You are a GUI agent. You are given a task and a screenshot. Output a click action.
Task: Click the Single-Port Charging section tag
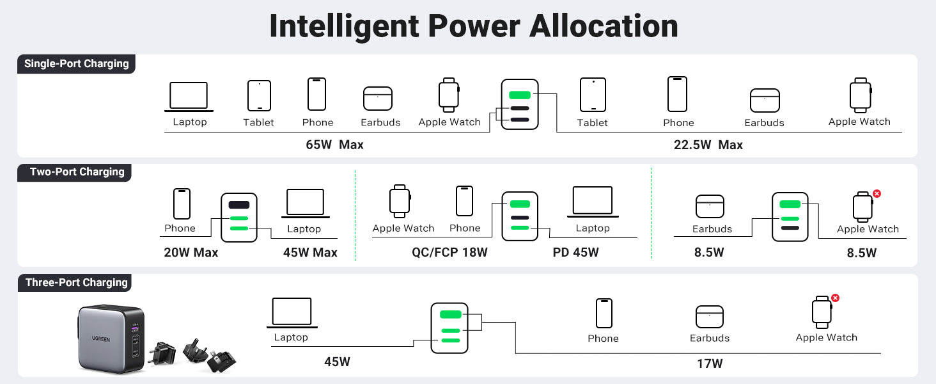76,64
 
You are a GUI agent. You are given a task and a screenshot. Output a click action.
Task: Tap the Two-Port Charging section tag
77,172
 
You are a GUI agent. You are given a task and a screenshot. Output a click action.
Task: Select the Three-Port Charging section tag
76,283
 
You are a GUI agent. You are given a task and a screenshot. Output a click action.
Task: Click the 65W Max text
334,145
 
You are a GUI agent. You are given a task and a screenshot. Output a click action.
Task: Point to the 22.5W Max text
708,145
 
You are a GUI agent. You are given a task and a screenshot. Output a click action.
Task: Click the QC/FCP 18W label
449,253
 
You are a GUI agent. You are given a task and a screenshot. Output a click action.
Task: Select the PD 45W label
575,253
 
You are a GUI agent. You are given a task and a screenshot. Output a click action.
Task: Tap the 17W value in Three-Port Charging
710,364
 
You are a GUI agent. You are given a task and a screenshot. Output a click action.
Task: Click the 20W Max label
191,253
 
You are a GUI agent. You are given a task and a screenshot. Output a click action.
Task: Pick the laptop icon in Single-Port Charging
189,97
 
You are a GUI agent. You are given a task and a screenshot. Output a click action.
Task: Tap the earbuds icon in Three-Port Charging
709,317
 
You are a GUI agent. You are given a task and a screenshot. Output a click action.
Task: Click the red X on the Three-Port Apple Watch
835,298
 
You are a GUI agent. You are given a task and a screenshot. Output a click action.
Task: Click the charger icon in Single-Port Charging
519,104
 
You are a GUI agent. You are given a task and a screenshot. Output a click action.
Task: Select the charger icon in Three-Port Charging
449,328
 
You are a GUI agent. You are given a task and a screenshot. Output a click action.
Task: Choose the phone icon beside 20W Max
182,204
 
